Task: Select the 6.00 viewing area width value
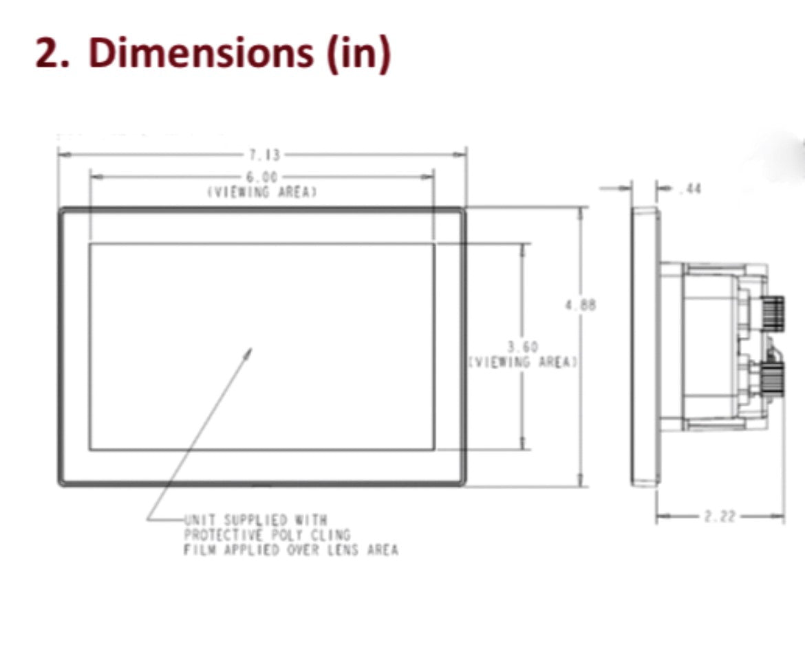point(261,177)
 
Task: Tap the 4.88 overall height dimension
point(580,305)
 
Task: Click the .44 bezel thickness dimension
point(689,188)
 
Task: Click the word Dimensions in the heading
point(200,53)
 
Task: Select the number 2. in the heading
point(52,54)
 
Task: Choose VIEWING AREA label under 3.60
point(523,362)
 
